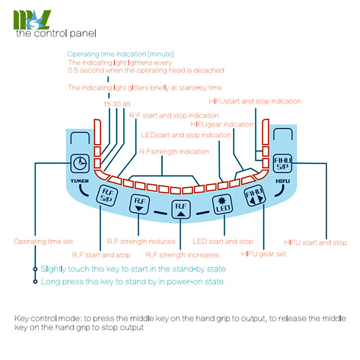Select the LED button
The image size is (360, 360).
point(222,203)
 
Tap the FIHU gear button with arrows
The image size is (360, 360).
point(255,196)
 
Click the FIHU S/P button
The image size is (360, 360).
point(283,163)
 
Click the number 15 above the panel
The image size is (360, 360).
point(106,104)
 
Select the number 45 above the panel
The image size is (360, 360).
point(127,104)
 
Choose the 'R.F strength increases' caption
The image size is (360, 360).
point(182,255)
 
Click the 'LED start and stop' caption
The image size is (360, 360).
point(223,241)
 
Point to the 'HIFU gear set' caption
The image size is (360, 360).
point(263,254)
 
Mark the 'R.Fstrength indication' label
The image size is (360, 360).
point(174,152)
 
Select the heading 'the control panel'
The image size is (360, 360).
point(56,33)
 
